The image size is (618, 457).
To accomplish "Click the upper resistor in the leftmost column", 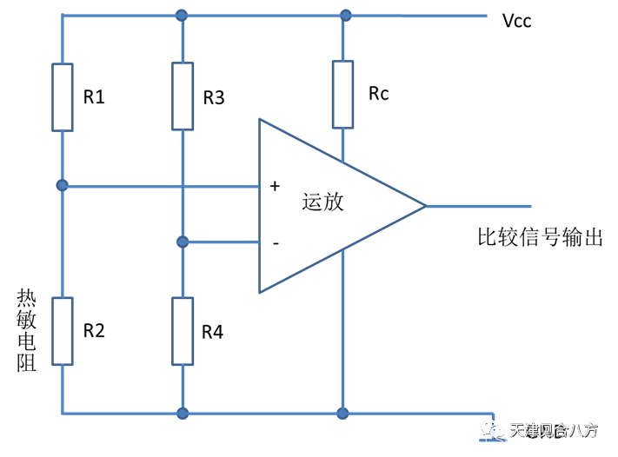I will [x=62, y=97].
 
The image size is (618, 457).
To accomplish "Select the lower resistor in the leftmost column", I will [x=62, y=331].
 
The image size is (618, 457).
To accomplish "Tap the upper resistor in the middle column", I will [x=183, y=96].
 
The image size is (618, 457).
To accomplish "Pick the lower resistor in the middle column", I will [x=183, y=331].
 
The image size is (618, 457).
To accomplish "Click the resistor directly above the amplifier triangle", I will [x=342, y=94].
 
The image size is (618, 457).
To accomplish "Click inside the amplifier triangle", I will [x=322, y=206].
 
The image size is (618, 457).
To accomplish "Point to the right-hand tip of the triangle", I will [x=424, y=206].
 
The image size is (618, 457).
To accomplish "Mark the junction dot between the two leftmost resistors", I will [x=62, y=185].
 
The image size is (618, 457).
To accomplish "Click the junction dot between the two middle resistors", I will [x=183, y=242].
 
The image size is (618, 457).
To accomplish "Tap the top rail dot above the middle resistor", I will [x=182, y=15].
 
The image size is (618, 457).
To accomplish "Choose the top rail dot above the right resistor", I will [x=345, y=15].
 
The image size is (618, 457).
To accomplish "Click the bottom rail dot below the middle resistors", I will [x=183, y=414].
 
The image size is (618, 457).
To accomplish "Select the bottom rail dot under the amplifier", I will [x=342, y=414].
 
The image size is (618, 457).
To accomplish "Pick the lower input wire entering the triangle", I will [x=222, y=242].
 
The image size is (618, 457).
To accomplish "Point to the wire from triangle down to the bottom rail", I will [x=342, y=330].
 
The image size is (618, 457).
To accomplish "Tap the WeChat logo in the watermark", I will [x=493, y=429].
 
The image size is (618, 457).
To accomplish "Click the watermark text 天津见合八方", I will [x=554, y=430].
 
